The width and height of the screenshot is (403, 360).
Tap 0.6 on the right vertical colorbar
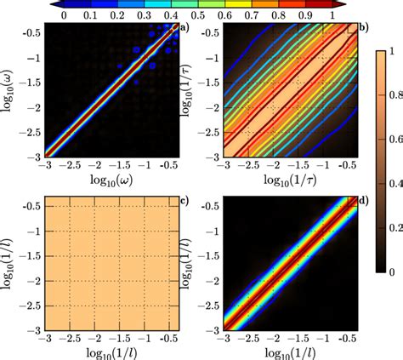coord(389,161)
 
